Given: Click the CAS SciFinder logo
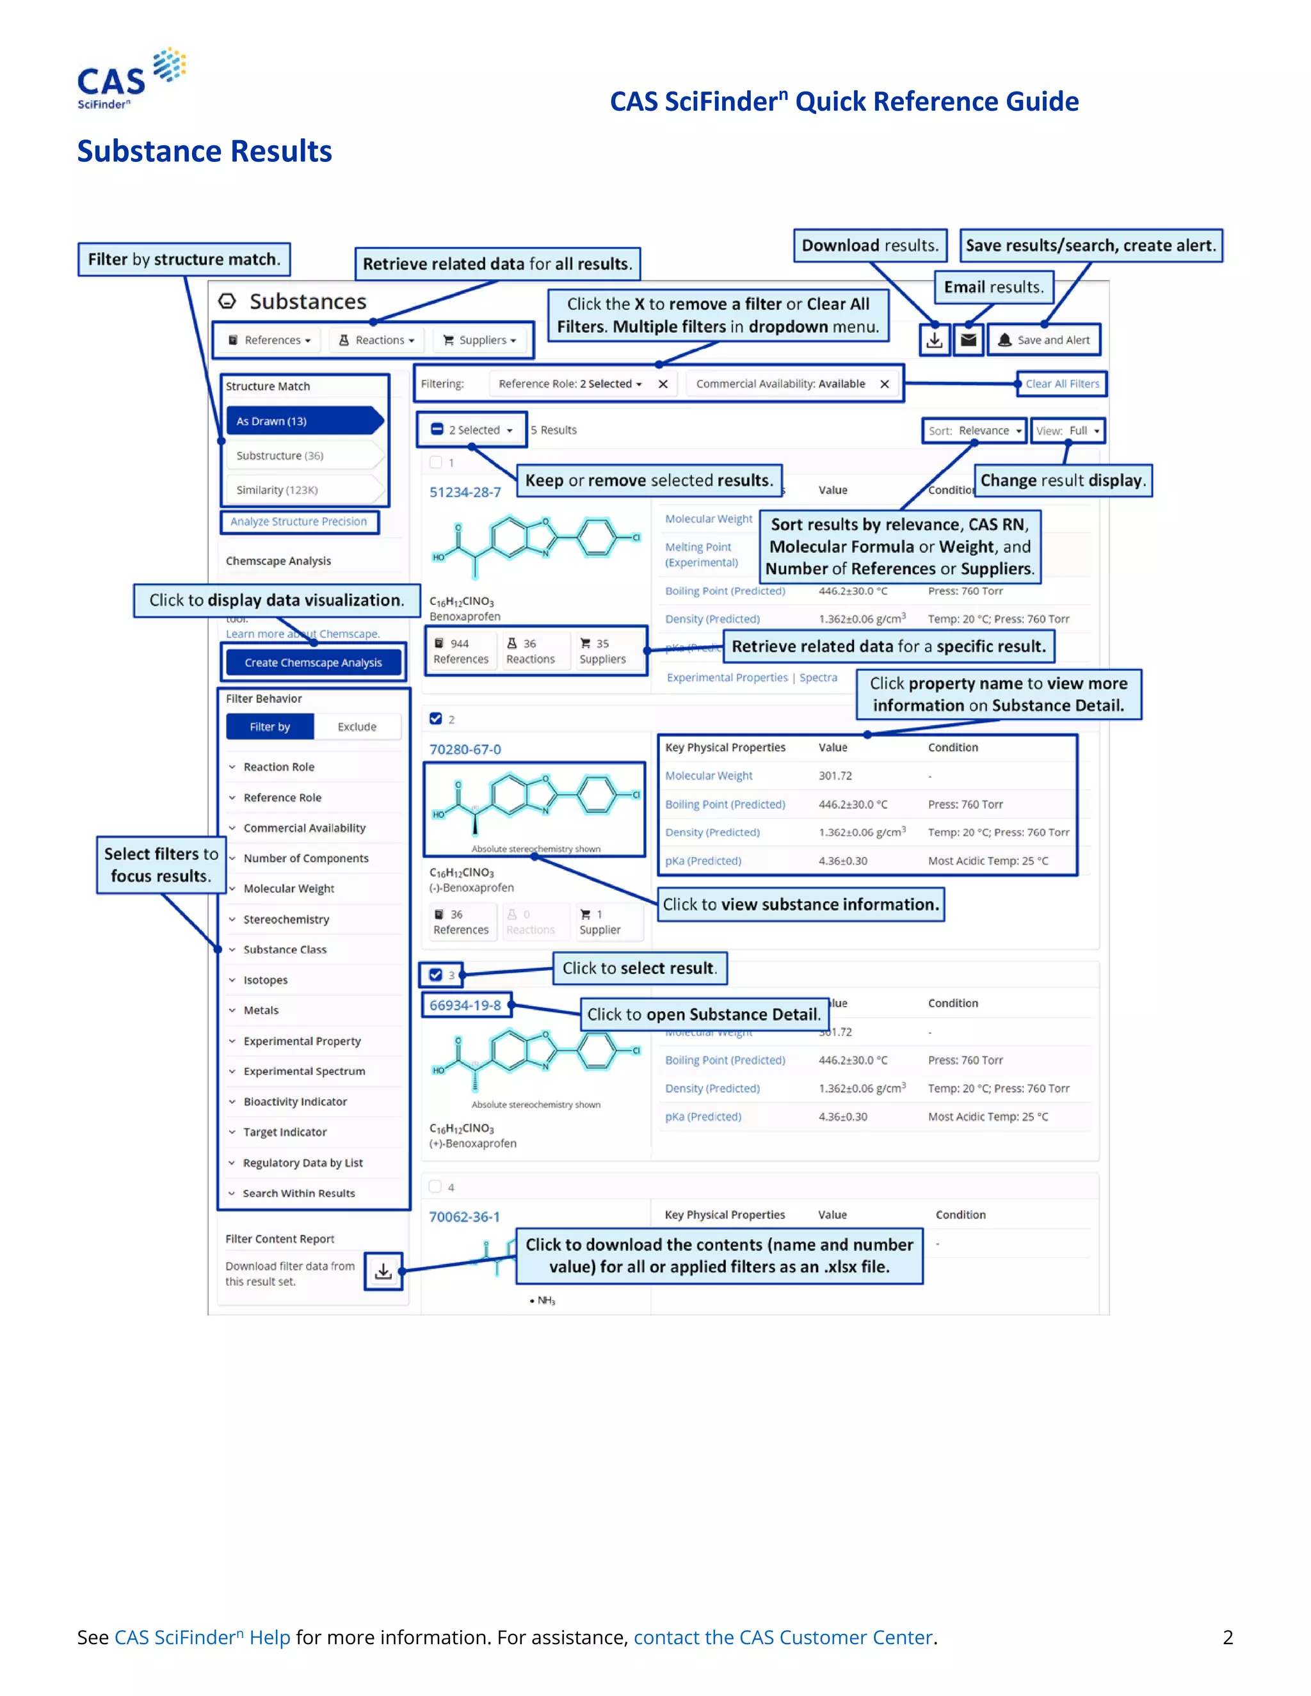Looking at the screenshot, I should [131, 79].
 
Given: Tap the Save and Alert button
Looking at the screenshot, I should [1044, 340].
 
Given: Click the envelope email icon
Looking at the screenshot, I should [969, 340].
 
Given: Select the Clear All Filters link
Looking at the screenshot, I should [1062, 383].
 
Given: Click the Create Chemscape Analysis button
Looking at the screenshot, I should [313, 662].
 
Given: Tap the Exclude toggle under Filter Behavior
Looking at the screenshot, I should [357, 727].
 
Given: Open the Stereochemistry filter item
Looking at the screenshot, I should [286, 920].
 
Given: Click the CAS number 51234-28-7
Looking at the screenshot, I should [465, 492].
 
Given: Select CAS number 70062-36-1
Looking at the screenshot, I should [465, 1217].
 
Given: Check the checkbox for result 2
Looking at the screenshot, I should [436, 719].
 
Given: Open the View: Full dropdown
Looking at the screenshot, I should [1068, 431].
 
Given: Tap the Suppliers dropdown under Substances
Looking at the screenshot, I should [479, 340].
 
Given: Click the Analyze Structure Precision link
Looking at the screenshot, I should [298, 522].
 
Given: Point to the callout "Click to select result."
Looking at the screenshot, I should [639, 968].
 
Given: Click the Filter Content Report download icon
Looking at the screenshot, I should [383, 1271].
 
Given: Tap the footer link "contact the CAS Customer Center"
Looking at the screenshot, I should [783, 1637].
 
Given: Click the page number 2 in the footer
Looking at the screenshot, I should [1228, 1637].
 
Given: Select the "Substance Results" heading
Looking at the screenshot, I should [204, 152].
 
